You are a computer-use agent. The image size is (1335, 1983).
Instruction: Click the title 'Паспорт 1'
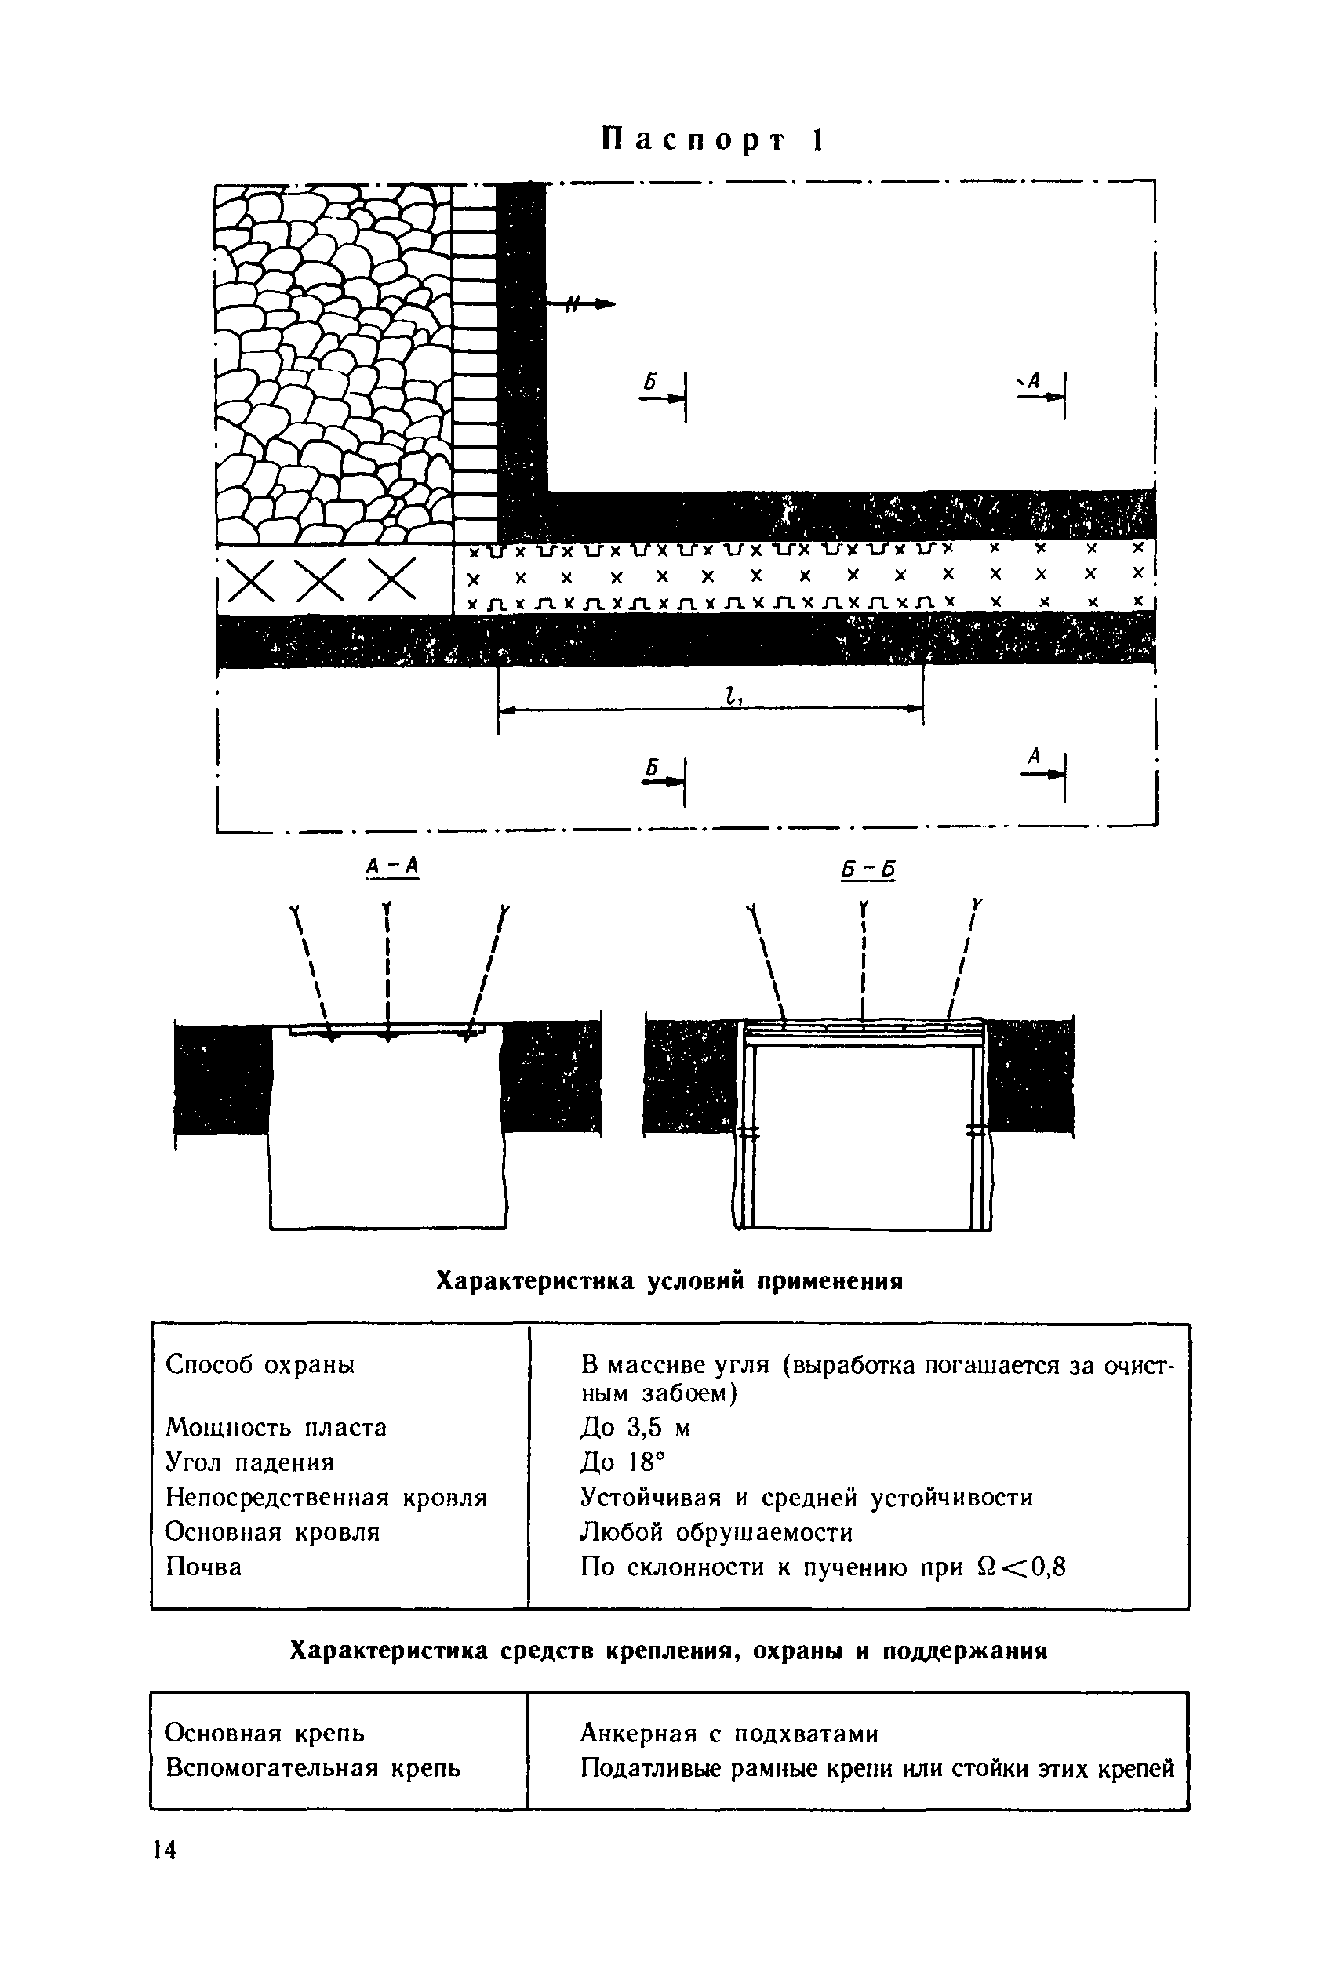coord(713,140)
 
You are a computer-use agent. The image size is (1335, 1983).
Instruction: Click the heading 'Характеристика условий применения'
coord(669,1281)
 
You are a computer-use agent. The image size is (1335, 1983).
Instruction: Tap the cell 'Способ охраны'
coord(260,1364)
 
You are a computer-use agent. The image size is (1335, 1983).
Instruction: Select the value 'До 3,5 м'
coord(635,1427)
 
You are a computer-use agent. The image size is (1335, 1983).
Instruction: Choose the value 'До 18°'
coord(620,1462)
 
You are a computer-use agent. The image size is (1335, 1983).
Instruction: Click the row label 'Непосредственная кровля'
coord(326,1497)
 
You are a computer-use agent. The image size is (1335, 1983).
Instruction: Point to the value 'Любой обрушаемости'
coord(715,1532)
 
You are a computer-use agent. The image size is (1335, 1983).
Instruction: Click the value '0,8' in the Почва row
coord(1047,1567)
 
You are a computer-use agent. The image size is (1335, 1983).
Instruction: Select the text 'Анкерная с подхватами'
coord(729,1734)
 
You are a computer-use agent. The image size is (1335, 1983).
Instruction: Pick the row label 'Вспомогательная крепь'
coord(312,1768)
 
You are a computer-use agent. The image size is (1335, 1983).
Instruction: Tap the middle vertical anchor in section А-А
coord(387,970)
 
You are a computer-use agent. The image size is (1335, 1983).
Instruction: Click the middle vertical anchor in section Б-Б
coord(864,962)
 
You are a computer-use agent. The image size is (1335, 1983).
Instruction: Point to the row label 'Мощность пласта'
coord(276,1427)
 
